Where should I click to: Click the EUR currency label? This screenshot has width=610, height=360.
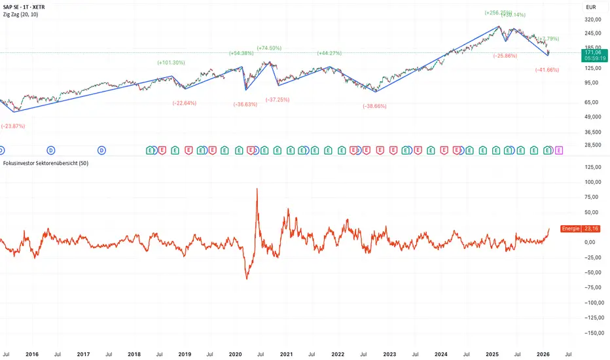point(590,8)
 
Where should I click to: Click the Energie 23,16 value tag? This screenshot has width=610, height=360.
point(581,228)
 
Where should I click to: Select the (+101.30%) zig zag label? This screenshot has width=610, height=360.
point(171,63)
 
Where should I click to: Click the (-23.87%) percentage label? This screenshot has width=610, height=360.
point(15,126)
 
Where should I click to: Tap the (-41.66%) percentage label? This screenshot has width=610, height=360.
point(547,69)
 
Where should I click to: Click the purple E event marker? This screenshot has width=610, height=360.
point(558,151)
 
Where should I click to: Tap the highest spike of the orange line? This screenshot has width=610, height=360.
point(257,189)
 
